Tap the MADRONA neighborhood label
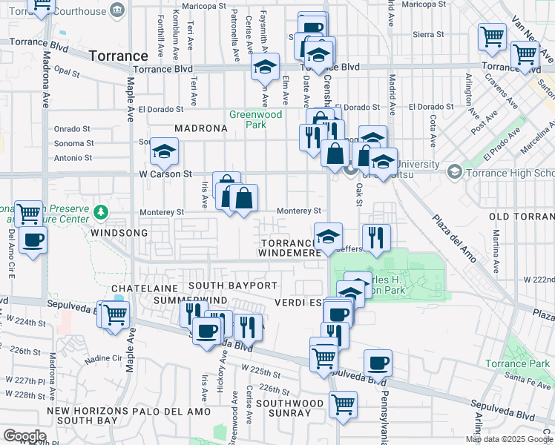coord(200,128)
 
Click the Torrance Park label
coord(528,363)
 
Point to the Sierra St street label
coord(428,34)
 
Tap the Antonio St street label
coord(73,158)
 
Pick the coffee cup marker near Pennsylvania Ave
coord(378,363)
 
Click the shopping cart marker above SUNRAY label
coord(343,404)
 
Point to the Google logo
coord(24,436)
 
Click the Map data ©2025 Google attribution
coord(510,439)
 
